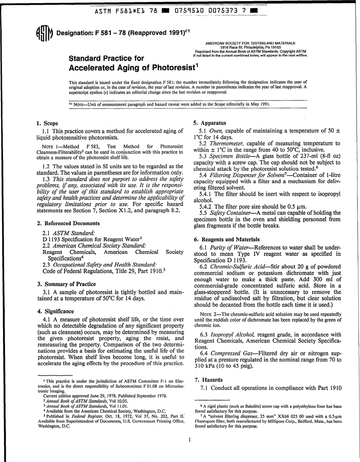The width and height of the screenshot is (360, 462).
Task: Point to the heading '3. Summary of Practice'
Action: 66,283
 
